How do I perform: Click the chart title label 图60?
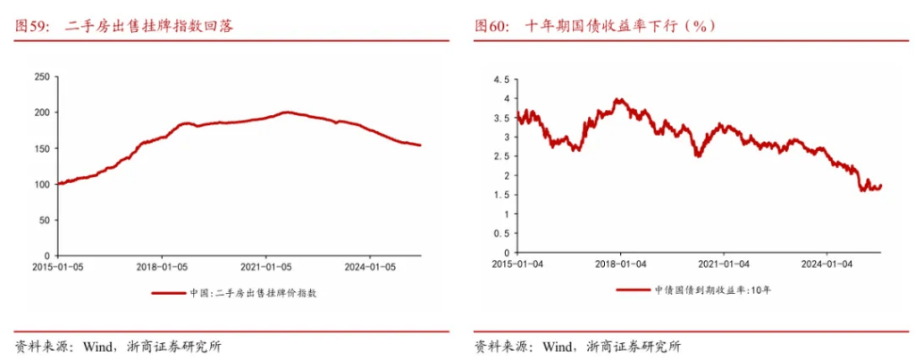491,27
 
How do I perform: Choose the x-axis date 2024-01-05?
372,266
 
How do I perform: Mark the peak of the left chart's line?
286,112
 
